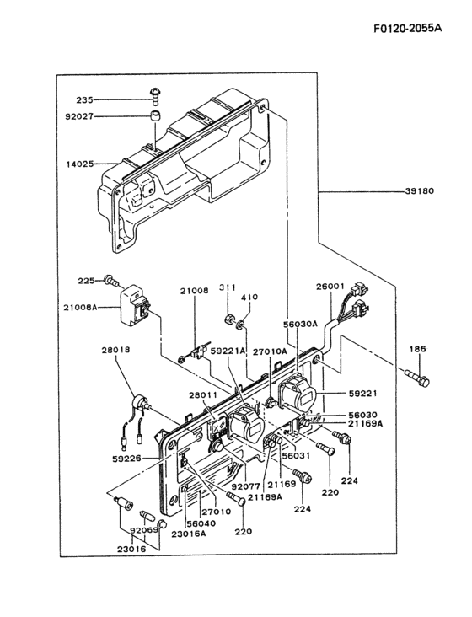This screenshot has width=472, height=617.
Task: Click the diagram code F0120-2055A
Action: (x=407, y=29)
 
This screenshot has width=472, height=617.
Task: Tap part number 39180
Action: (x=419, y=191)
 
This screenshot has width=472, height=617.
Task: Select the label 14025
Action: (x=80, y=164)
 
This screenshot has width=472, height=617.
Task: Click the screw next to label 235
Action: (x=156, y=96)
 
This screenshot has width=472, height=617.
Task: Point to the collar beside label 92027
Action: (x=155, y=115)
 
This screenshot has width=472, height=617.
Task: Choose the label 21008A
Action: (x=80, y=308)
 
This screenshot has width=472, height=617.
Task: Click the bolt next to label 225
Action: (x=111, y=282)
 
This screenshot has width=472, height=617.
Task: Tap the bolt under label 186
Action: (x=417, y=377)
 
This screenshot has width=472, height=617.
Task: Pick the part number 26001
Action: (x=330, y=286)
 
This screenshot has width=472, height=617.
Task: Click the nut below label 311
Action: (x=228, y=319)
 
